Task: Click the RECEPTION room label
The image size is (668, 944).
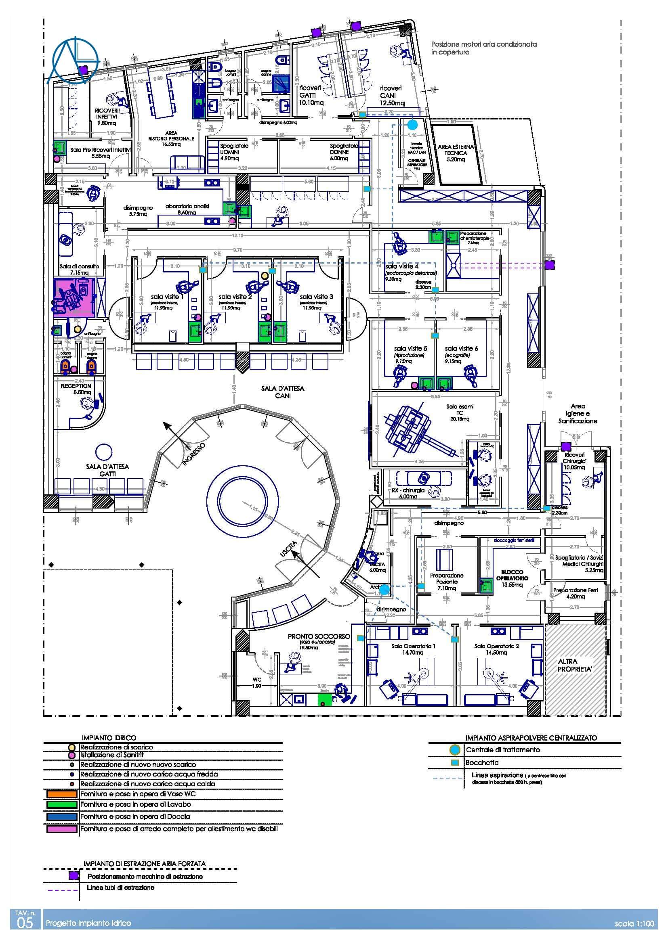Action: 76,386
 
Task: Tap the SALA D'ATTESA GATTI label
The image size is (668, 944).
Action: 107,470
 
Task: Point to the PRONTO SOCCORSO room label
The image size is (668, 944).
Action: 319,636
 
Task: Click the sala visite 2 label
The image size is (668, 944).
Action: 235,297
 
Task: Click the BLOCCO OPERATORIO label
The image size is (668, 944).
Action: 512,575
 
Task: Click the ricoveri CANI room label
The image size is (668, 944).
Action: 391,95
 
